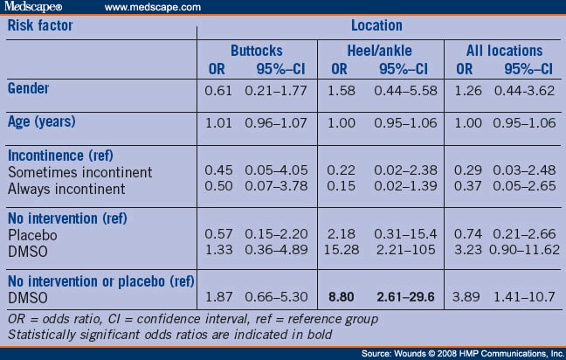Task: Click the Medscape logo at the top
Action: (x=33, y=7)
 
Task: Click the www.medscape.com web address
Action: (x=153, y=7)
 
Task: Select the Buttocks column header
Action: (x=257, y=51)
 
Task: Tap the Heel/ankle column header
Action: (x=379, y=51)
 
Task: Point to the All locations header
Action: (x=504, y=51)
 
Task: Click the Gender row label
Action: (x=28, y=88)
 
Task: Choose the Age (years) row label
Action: (x=42, y=121)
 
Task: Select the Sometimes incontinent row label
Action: (x=79, y=172)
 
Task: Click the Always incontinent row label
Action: (x=66, y=189)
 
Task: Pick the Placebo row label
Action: (x=32, y=235)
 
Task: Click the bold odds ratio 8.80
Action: (x=342, y=297)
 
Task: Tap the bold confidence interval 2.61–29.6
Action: (x=405, y=297)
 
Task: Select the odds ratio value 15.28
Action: (x=342, y=250)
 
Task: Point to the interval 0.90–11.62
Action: (x=524, y=250)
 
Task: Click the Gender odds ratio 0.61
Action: (x=218, y=91)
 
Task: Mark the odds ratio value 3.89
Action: (x=466, y=297)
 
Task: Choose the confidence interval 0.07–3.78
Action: (x=276, y=186)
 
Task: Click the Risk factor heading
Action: (x=40, y=25)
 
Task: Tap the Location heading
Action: (x=376, y=25)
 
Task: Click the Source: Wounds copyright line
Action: (x=463, y=354)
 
